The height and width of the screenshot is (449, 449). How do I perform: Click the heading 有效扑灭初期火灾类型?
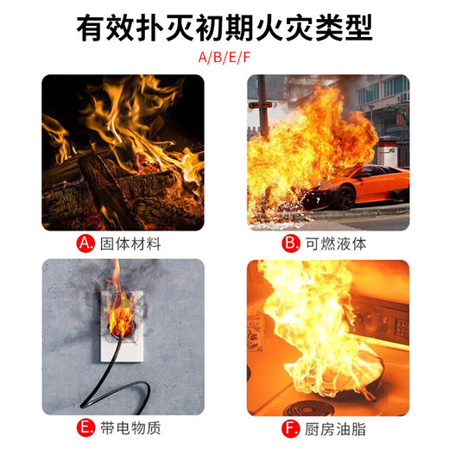pyautogui.click(x=224, y=28)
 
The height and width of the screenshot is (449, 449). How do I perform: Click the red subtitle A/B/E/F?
pyautogui.click(x=224, y=58)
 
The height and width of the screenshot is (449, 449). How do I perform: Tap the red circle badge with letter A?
pyautogui.click(x=86, y=243)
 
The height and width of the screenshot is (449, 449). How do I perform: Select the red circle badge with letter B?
pyautogui.click(x=291, y=243)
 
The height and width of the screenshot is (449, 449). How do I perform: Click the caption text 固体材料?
pyautogui.click(x=130, y=243)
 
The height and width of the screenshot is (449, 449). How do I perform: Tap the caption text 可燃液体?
pyautogui.click(x=336, y=243)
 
